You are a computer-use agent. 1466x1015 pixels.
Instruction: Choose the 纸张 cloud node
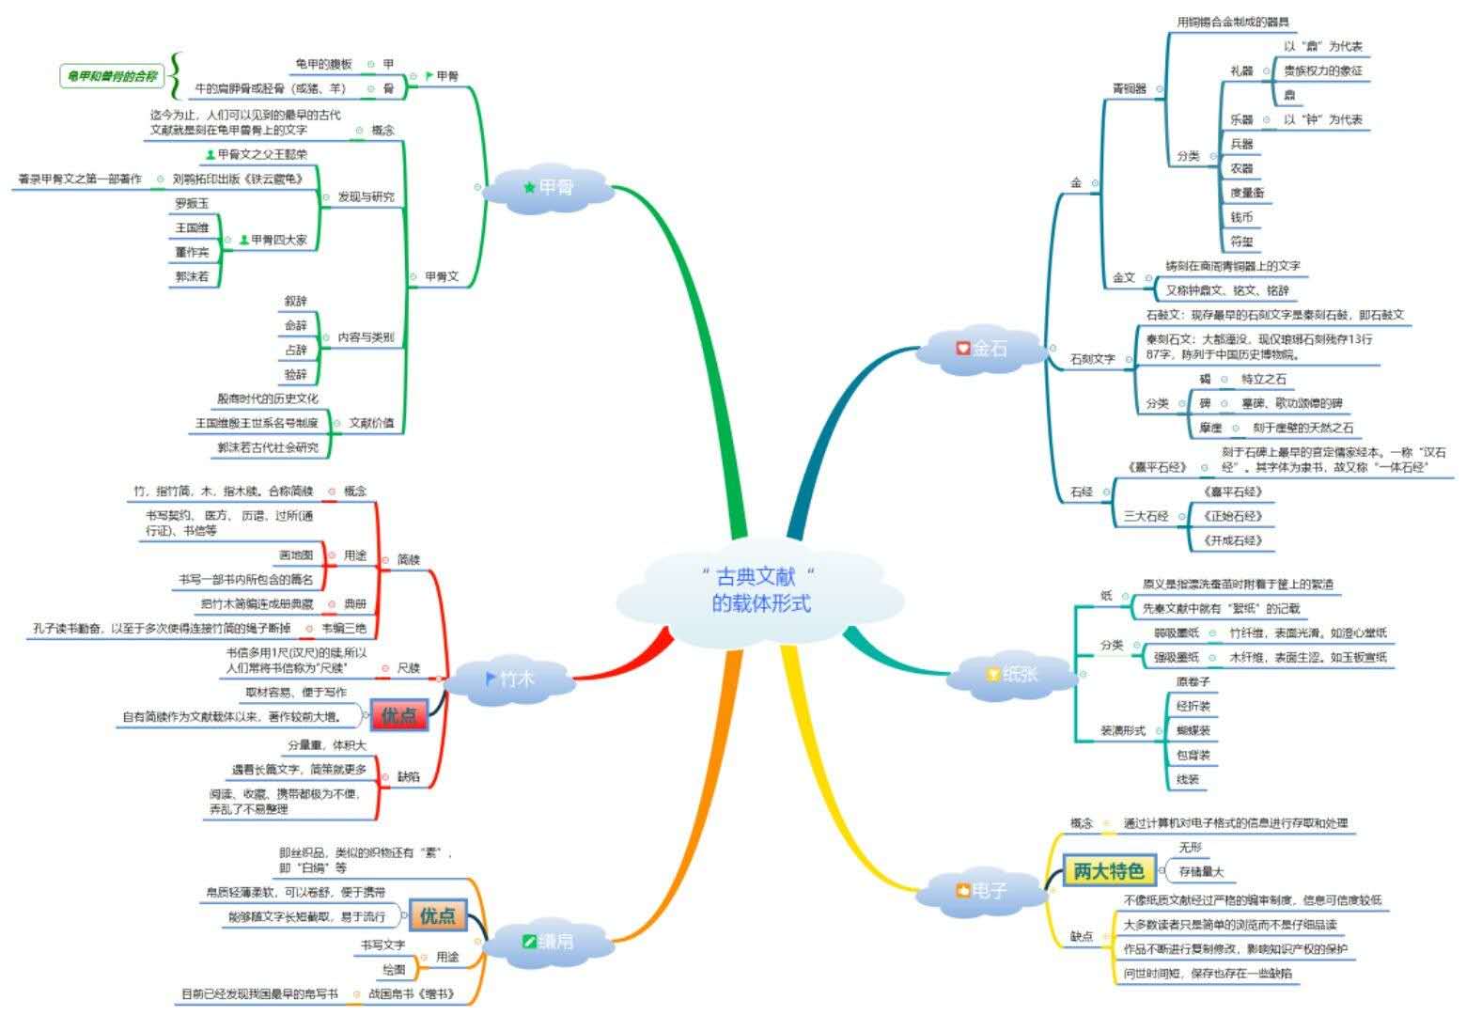1010,674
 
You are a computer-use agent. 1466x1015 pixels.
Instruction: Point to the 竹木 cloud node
508,678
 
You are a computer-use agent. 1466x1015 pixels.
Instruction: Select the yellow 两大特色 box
1108,871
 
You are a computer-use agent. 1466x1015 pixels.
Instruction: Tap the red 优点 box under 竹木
398,715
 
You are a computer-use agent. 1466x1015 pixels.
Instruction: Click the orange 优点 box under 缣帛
437,914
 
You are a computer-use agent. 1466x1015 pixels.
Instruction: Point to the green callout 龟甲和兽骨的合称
107,76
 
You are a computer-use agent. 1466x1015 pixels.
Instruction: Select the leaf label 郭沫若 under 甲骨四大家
192,276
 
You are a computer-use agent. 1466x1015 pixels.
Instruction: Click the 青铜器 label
1129,88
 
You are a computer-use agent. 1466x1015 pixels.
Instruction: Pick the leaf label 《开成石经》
1232,540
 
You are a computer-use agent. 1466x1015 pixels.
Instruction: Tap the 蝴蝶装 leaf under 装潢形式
1193,730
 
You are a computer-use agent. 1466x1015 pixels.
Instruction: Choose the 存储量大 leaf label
1201,871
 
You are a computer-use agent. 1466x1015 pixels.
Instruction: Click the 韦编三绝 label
343,628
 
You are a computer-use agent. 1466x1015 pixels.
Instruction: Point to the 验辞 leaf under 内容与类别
295,374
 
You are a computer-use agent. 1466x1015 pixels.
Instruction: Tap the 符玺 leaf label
1241,242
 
